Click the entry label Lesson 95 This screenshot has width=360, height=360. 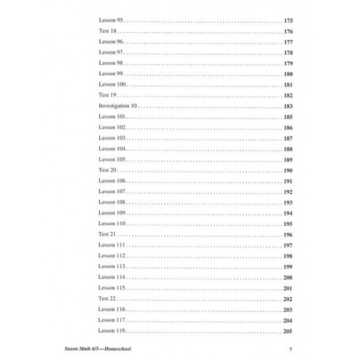[x=110, y=21]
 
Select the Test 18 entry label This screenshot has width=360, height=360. [x=107, y=31]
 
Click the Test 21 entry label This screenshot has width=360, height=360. [x=107, y=235]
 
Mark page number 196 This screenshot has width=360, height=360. [x=288, y=235]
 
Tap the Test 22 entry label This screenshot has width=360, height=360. [x=107, y=299]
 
